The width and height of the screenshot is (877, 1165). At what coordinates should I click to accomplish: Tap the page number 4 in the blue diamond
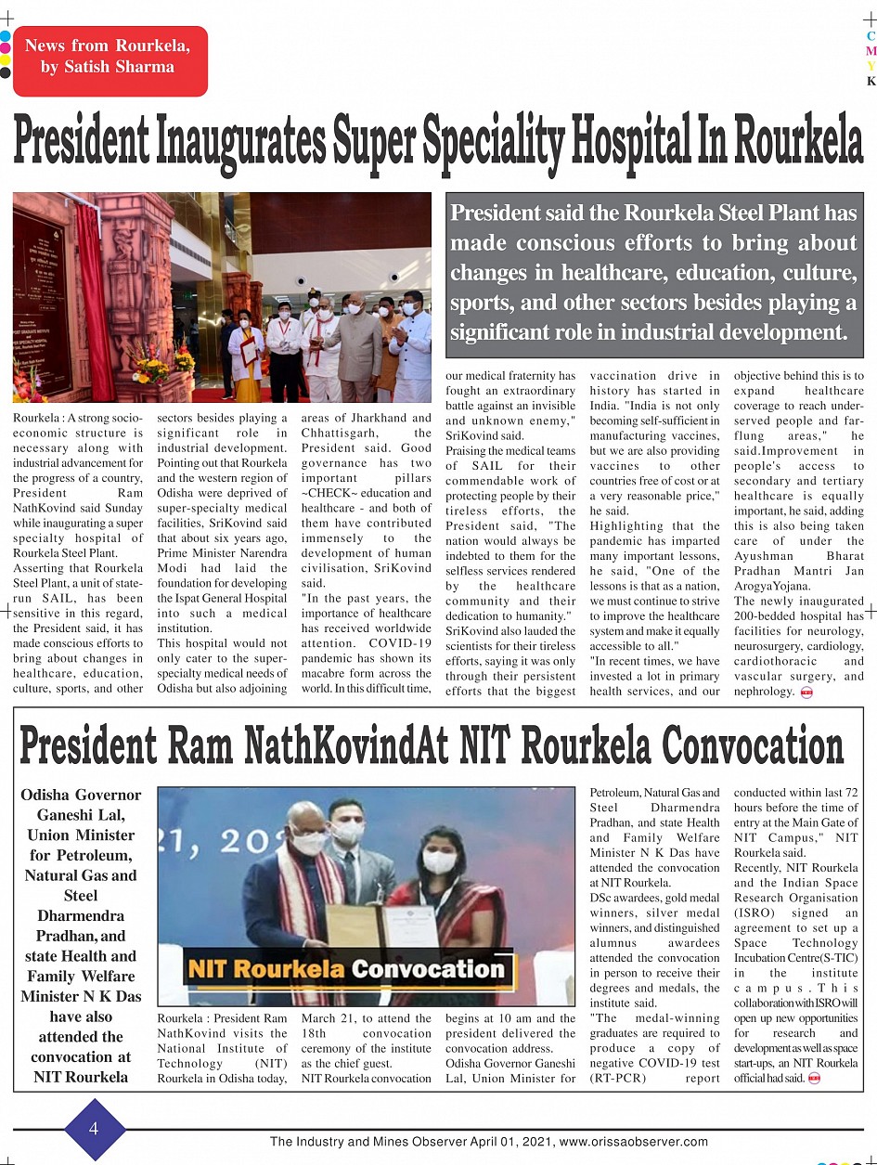[94, 1129]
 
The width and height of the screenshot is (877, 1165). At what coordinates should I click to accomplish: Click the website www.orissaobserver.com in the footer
[634, 1143]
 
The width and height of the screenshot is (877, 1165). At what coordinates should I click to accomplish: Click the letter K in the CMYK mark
[871, 82]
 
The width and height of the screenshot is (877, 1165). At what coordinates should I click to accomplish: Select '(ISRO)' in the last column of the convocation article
[756, 913]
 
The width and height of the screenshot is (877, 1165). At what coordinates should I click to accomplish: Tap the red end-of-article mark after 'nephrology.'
[806, 692]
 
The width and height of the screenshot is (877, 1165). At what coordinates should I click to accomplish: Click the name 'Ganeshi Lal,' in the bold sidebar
[81, 815]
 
